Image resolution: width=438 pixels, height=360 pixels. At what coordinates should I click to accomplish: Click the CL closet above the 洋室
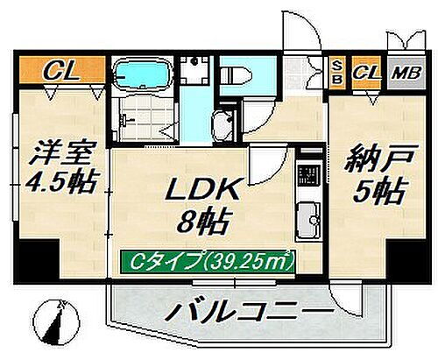coord(60,69)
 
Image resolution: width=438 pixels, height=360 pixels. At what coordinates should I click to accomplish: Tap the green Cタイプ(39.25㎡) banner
coord(208,260)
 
